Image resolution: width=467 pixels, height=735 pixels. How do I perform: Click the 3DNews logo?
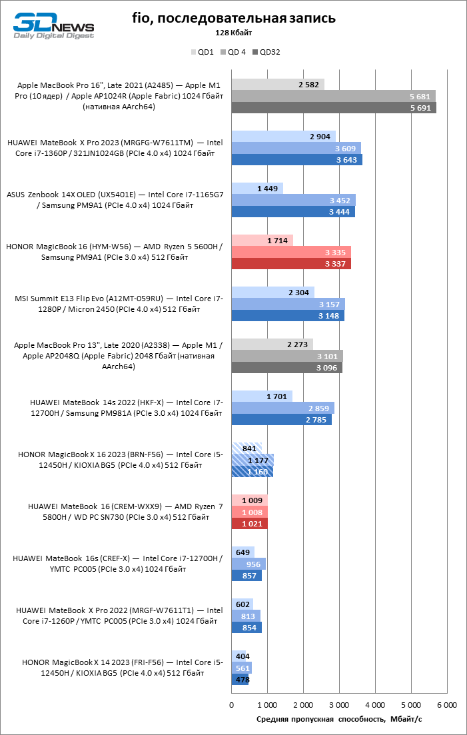pyautogui.click(x=53, y=26)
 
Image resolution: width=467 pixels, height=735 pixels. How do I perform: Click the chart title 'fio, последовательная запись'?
pyautogui.click(x=234, y=19)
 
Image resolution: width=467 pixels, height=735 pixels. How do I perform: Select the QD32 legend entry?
pyautogui.click(x=266, y=52)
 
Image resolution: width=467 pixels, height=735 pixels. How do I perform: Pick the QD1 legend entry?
pyautogui.click(x=203, y=52)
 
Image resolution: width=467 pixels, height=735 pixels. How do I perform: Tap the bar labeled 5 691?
pyautogui.click(x=334, y=108)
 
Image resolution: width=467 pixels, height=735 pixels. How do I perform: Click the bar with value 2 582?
pyautogui.click(x=278, y=85)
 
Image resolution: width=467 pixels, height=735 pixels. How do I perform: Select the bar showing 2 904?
pyautogui.click(x=284, y=137)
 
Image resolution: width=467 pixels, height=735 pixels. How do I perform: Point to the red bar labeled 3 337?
pyautogui.click(x=291, y=264)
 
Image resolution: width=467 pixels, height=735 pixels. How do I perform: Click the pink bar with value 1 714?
pyautogui.click(x=262, y=241)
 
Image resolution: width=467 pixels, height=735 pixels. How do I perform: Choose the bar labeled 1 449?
pyautogui.click(x=258, y=189)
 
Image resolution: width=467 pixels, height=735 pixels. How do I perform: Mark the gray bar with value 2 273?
pyautogui.click(x=272, y=345)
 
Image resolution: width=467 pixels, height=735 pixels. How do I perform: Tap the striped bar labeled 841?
pyautogui.click(x=247, y=448)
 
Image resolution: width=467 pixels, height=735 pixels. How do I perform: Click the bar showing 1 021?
pyautogui.click(x=250, y=523)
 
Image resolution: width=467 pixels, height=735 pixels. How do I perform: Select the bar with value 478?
pyautogui.click(x=240, y=679)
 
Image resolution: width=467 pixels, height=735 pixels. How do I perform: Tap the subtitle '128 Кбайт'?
pyautogui.click(x=234, y=33)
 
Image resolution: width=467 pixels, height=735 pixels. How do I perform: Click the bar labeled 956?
pyautogui.click(x=248, y=564)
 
